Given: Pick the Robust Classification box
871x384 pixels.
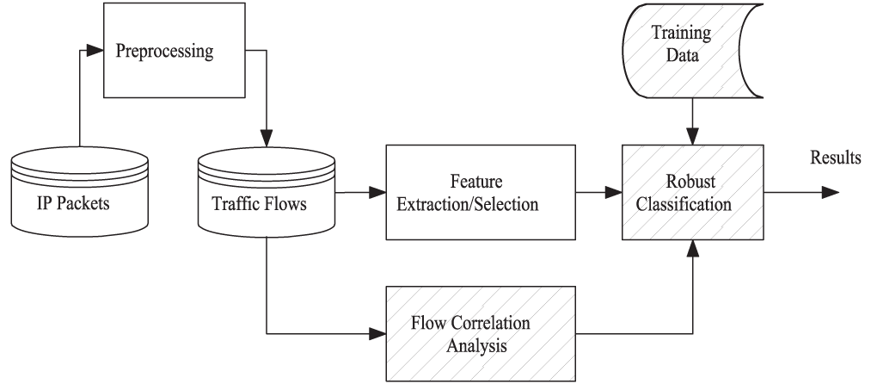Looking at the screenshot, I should (692, 194).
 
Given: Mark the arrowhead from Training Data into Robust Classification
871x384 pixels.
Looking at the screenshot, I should (692, 137).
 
